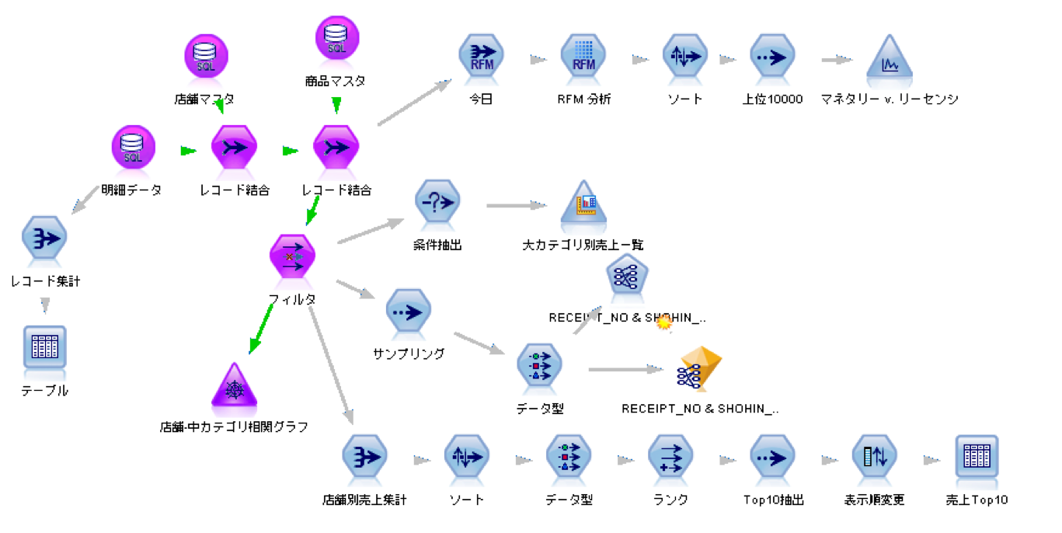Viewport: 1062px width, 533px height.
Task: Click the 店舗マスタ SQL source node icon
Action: [x=206, y=57]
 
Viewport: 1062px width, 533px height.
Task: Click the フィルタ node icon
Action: [x=292, y=256]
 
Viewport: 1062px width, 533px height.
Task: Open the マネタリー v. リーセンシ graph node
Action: [x=889, y=58]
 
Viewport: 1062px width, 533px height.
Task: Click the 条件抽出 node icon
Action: [x=437, y=204]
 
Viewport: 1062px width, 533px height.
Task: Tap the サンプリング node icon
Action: [x=409, y=312]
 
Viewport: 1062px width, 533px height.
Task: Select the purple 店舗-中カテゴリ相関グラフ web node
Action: [x=234, y=387]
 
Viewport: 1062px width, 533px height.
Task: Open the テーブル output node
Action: [x=44, y=348]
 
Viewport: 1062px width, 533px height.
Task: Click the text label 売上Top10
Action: [x=976, y=500]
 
